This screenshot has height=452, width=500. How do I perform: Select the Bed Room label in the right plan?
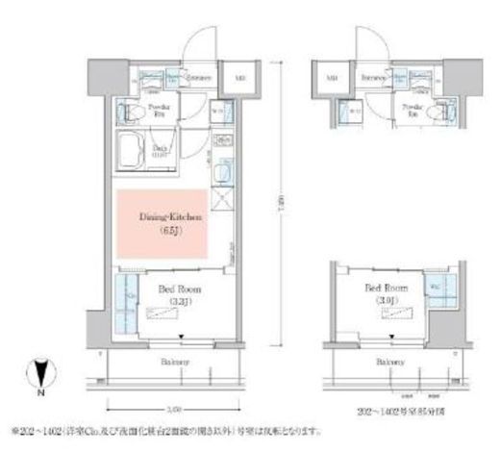(385, 292)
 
